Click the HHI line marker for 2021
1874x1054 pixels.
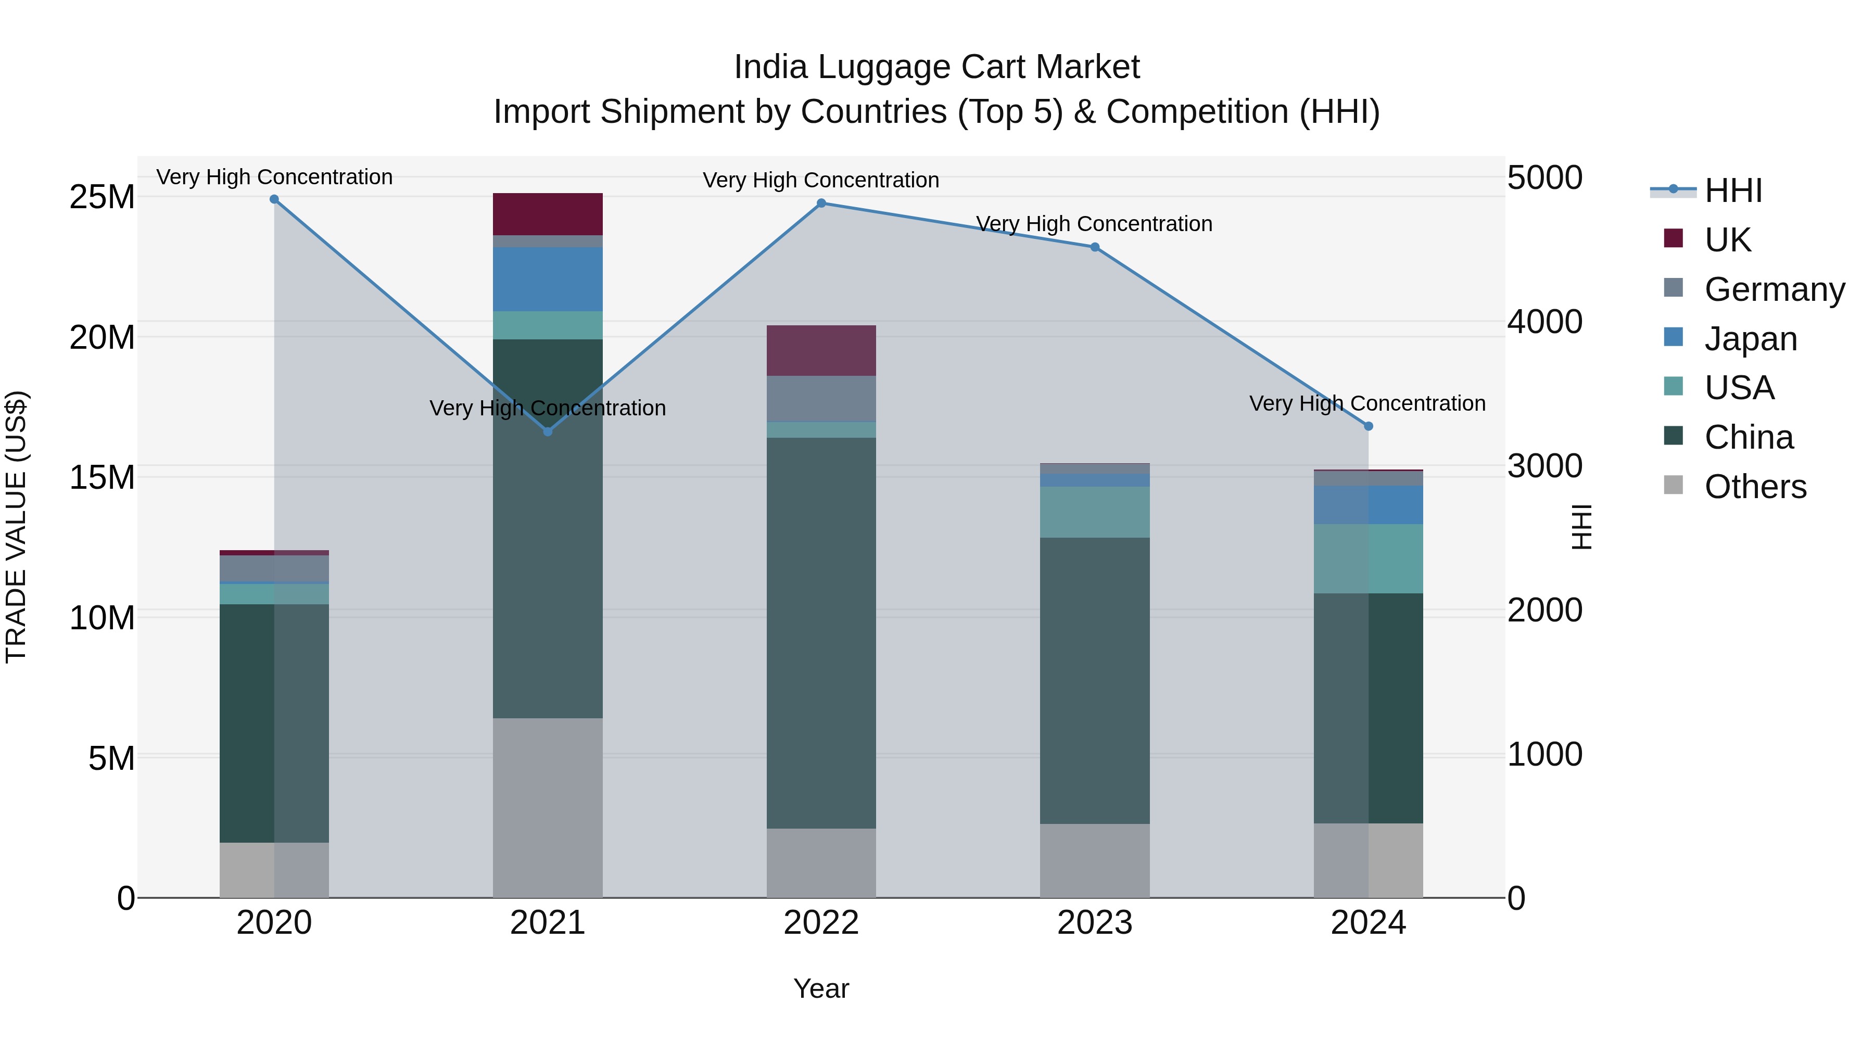pos(548,431)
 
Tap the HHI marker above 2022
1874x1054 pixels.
pos(821,203)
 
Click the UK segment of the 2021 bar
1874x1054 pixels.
pos(548,214)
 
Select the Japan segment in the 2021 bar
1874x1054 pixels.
pos(548,280)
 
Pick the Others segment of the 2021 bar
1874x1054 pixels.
pos(548,807)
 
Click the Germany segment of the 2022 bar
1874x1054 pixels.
pos(821,399)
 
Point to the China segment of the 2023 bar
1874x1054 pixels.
pos(1094,680)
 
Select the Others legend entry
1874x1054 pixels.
pos(1755,487)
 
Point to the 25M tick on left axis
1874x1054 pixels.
pos(102,197)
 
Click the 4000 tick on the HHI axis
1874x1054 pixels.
pos(1544,322)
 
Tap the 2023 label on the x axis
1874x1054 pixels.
pos(1094,923)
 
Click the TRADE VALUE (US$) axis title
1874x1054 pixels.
pos(17,527)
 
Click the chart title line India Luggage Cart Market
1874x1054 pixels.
pos(936,67)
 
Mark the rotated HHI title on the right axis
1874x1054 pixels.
pos(1581,527)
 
